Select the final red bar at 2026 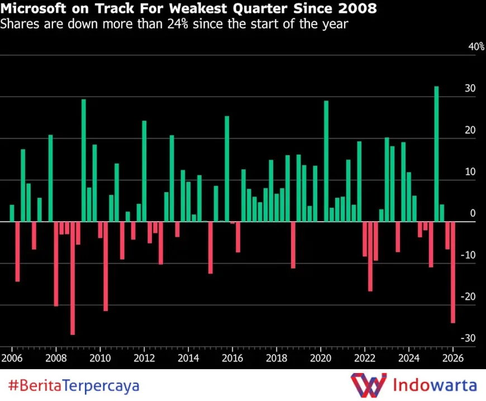[x=453, y=272]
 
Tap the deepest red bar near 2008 [x=73, y=278]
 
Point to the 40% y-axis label [x=476, y=47]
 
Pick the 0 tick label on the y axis [x=473, y=213]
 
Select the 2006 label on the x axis [x=11, y=357]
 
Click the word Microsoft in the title [x=33, y=9]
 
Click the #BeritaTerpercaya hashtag [x=74, y=385]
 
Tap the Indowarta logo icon [x=368, y=385]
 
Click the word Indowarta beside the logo [x=435, y=385]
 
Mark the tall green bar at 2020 [x=326, y=161]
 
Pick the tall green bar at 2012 [x=144, y=171]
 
